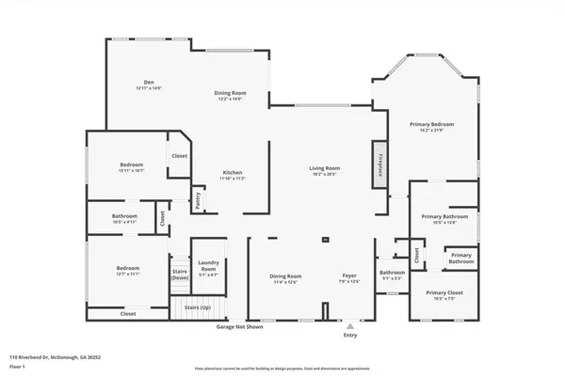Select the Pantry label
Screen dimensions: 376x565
coord(199,198)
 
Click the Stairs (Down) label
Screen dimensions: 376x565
coord(180,274)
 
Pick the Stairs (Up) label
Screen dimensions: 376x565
coord(197,306)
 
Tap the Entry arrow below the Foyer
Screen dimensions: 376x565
coord(350,325)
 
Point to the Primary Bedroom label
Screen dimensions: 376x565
coord(437,124)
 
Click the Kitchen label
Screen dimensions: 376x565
coord(233,173)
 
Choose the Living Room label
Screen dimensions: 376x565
coord(325,168)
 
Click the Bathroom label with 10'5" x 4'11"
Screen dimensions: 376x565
coord(125,216)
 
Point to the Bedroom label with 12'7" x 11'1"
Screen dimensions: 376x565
coord(128,269)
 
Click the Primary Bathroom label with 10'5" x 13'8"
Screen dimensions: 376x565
coord(443,216)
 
